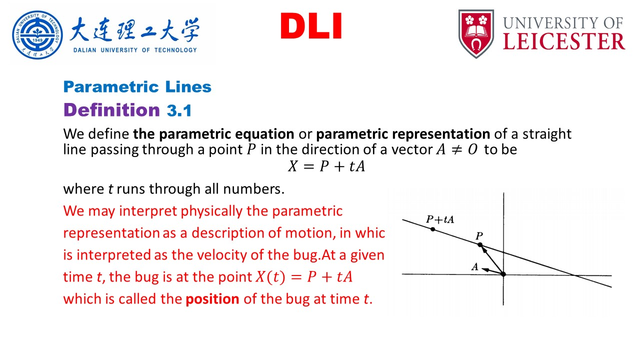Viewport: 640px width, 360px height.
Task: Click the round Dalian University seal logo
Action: [x=37, y=35]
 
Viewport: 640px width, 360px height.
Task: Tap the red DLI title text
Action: [x=311, y=26]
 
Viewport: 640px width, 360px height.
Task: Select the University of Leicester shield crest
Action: [x=476, y=33]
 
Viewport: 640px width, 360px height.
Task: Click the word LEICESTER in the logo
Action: [x=564, y=42]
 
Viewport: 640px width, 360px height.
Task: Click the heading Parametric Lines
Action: [x=137, y=87]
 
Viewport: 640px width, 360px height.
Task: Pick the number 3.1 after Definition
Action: [x=179, y=110]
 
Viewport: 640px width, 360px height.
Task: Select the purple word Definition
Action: [x=111, y=110]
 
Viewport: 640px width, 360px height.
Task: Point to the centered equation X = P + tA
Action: [x=326, y=166]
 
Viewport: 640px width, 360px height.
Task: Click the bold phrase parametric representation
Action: [x=403, y=134]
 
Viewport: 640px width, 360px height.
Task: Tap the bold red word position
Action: [x=212, y=299]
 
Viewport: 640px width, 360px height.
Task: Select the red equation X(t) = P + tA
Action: [x=304, y=277]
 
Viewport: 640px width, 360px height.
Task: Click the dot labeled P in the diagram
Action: [x=480, y=244]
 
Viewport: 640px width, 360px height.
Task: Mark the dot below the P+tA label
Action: [x=433, y=229]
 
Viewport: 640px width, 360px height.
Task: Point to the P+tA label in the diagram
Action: [x=440, y=219]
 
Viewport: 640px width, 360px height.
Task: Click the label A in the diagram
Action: [x=475, y=267]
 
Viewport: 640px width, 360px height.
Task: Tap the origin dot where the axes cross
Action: [x=503, y=274]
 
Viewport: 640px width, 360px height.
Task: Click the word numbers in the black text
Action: [x=253, y=189]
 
